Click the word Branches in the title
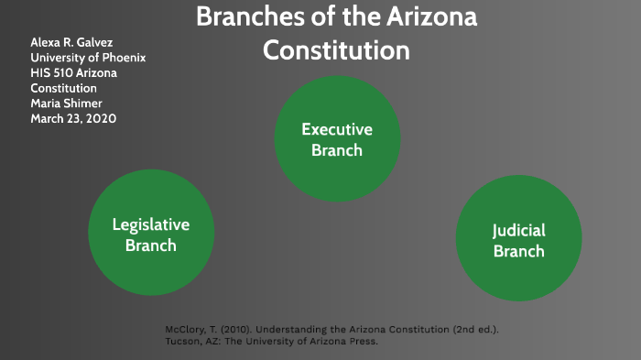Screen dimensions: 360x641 coord(246,16)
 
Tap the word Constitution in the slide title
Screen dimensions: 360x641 coord(336,50)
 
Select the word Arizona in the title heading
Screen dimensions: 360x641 coord(428,16)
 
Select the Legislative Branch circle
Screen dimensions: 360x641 coord(150,234)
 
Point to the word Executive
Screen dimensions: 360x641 coord(337,130)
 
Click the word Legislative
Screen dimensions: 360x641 coord(150,224)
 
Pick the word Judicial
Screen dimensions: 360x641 coord(518,231)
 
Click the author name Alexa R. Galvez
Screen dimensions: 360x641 coord(73,42)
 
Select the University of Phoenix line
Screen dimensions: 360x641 coord(88,58)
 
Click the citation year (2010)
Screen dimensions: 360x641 coord(237,329)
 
